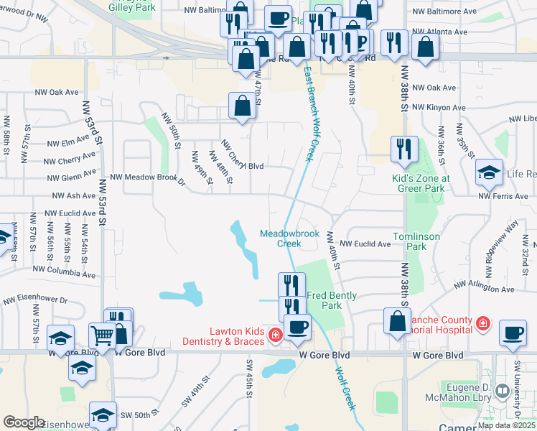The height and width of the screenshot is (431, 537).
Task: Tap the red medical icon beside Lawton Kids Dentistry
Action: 274,335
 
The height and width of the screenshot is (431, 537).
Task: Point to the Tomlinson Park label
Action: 410,241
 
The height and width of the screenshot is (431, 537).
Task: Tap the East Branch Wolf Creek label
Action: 310,115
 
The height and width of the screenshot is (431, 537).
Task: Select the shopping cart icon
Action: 102,335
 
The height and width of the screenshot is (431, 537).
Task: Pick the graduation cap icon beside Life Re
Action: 489,172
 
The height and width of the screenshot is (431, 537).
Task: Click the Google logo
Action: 24,422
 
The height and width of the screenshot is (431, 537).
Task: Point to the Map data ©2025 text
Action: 505,425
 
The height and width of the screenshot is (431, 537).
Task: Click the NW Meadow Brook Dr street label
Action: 147,178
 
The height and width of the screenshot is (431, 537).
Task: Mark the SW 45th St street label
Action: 248,386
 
